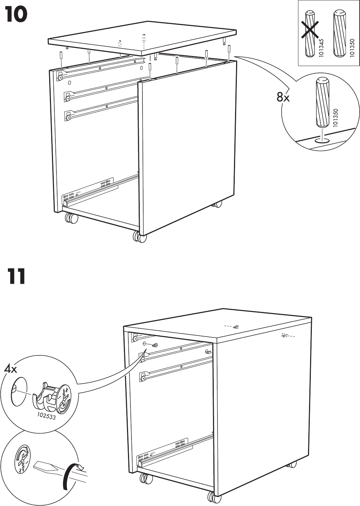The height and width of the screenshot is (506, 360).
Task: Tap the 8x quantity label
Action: click(x=283, y=98)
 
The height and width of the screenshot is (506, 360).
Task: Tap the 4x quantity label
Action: click(x=10, y=369)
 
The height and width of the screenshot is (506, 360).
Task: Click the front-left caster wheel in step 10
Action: click(x=71, y=218)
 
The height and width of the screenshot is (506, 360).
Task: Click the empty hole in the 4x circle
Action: click(x=18, y=390)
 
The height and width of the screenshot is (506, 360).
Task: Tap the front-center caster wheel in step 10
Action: click(x=139, y=237)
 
